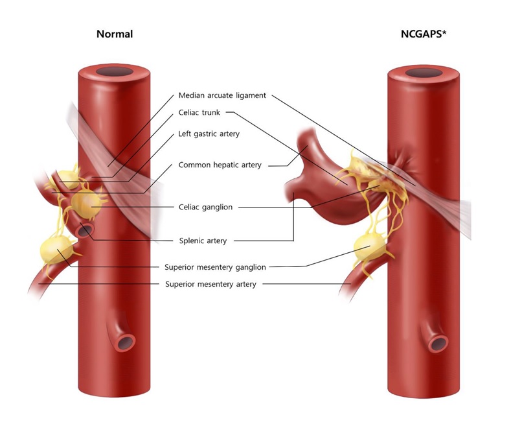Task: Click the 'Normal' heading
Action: tap(115, 34)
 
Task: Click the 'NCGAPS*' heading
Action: tap(424, 34)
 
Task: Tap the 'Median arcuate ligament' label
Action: tap(222, 95)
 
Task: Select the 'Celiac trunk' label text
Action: tap(199, 112)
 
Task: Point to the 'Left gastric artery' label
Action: tap(209, 134)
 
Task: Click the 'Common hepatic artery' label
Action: tap(220, 165)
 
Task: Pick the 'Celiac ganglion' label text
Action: tap(206, 207)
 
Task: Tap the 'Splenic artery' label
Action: tap(203, 241)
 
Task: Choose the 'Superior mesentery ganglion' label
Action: tap(215, 267)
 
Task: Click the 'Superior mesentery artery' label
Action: tap(210, 284)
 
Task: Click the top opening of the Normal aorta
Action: tap(114, 71)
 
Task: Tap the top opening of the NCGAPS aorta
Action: tap(424, 73)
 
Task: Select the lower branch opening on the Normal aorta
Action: tap(124, 342)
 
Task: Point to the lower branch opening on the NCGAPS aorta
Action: tap(437, 344)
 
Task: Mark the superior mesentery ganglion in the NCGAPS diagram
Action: tap(370, 247)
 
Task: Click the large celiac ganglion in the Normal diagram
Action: tap(85, 204)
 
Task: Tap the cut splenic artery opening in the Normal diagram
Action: tap(85, 230)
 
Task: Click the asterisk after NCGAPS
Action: tap(444, 32)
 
